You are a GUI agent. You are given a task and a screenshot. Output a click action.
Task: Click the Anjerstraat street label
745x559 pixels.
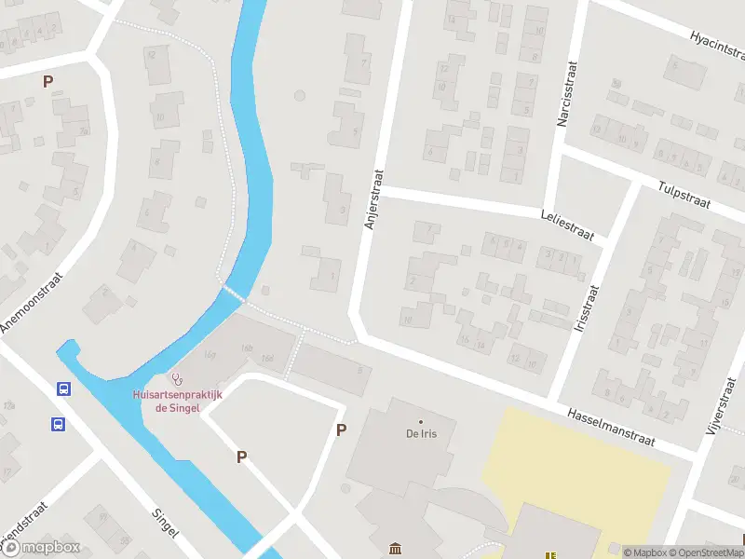tap(374, 199)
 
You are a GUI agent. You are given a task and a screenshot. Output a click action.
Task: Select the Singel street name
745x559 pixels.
tap(164, 525)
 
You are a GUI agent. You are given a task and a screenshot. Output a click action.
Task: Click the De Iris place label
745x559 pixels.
tap(421, 434)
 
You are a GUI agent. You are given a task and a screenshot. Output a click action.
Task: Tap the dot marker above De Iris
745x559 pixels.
tap(421, 421)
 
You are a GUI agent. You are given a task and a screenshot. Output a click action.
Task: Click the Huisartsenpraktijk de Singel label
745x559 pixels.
tap(177, 401)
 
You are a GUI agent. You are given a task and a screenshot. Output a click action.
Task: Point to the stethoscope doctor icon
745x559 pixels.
tap(177, 378)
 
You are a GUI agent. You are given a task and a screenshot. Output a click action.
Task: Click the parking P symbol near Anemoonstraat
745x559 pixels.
tap(47, 81)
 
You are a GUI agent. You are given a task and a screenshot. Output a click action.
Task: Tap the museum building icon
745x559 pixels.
tap(396, 550)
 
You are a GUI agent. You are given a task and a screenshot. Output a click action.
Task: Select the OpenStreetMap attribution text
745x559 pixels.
tap(708, 552)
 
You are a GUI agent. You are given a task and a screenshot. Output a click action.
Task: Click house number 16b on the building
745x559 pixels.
tap(247, 348)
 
